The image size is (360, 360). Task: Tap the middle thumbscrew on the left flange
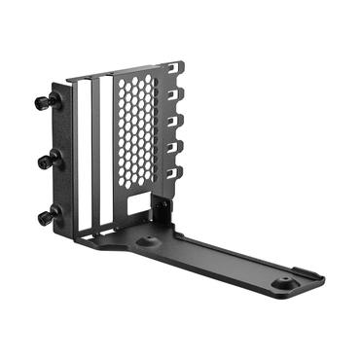click(45, 161)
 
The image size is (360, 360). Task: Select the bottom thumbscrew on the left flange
click(45, 217)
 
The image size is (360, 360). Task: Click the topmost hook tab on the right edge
click(176, 71)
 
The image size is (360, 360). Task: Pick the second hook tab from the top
click(177, 96)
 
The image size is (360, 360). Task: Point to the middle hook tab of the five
click(177, 122)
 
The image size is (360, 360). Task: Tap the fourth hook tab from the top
click(177, 148)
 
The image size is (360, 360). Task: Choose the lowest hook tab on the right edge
click(177, 173)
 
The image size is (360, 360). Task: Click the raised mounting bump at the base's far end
click(285, 281)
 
